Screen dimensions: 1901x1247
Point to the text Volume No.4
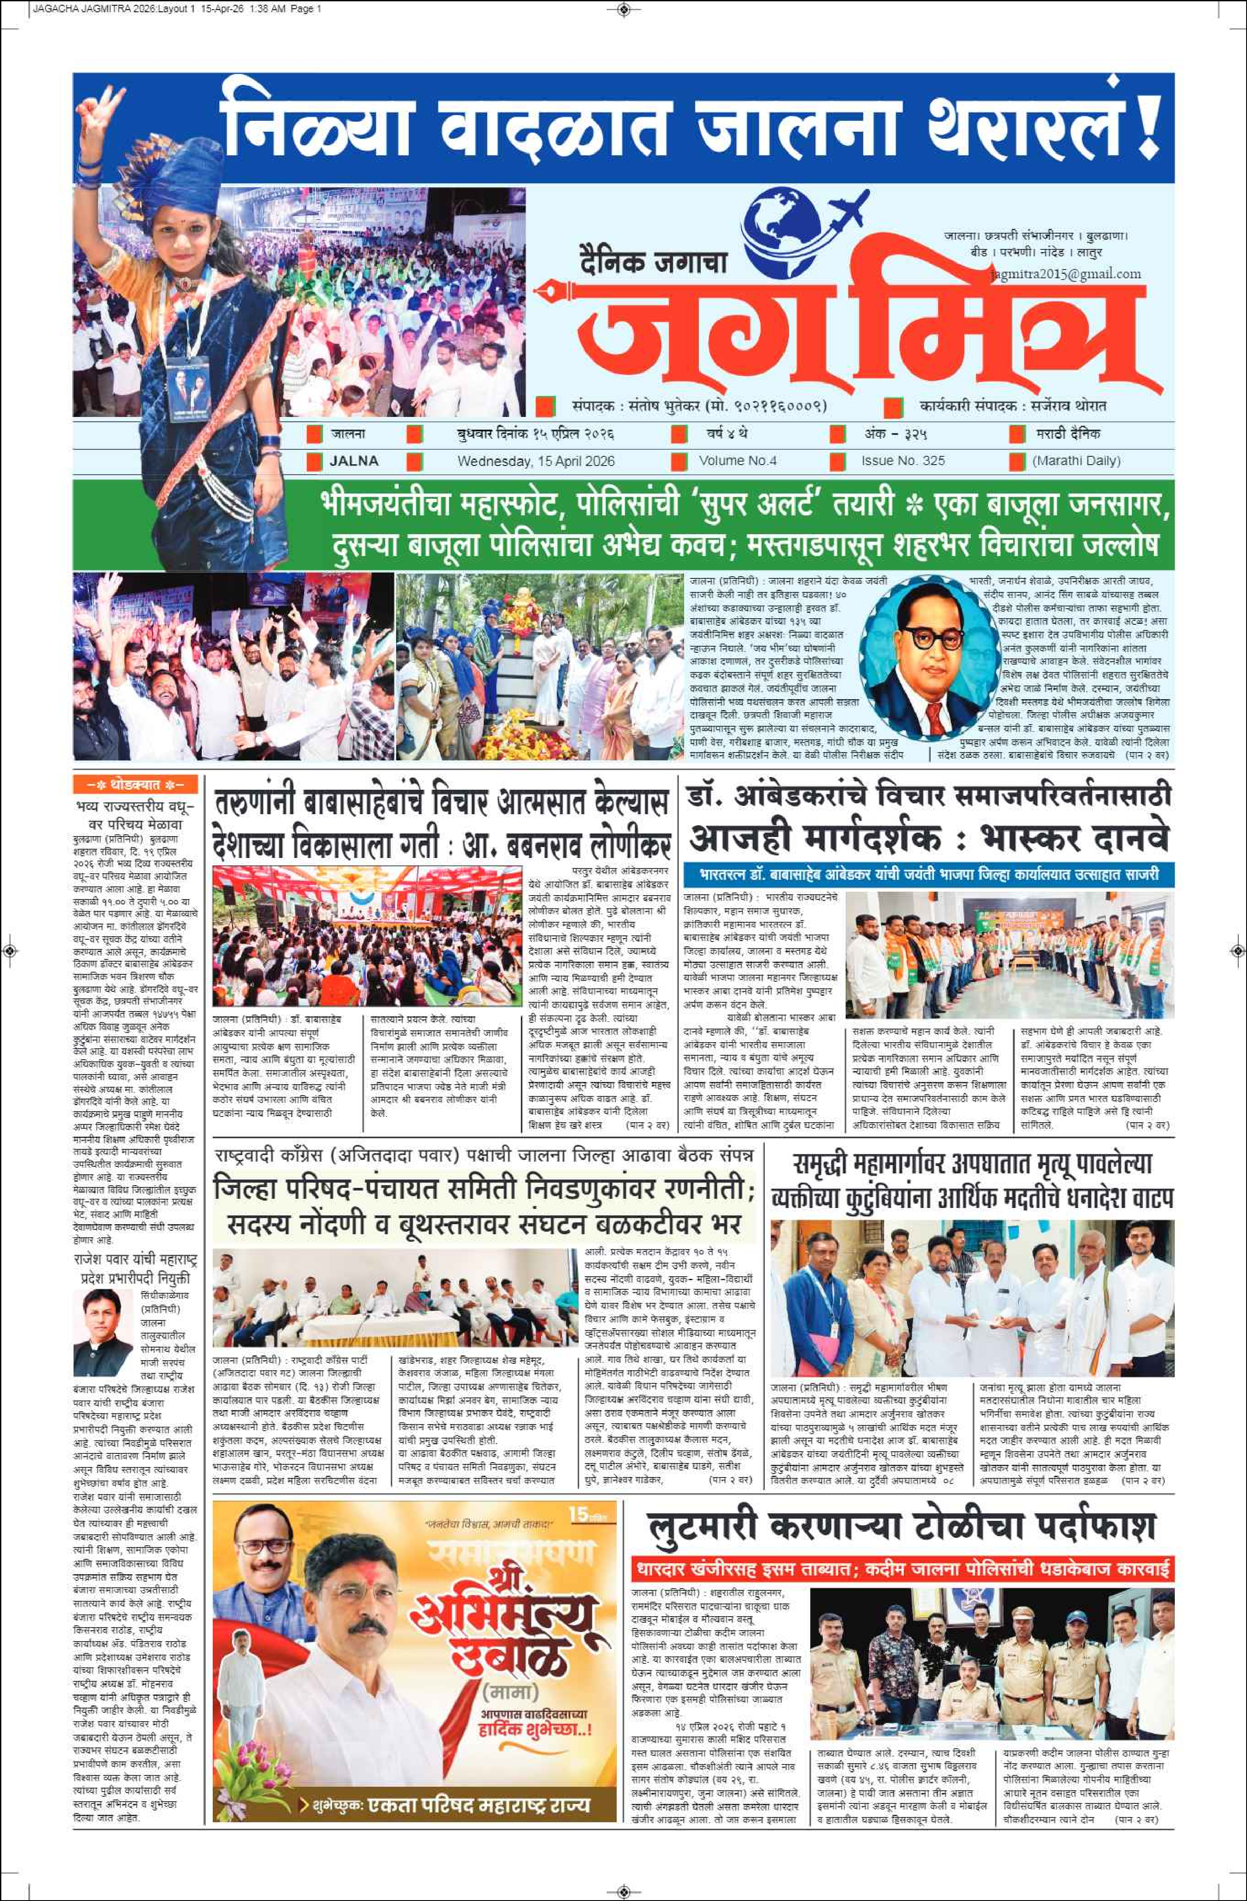click(x=738, y=461)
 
